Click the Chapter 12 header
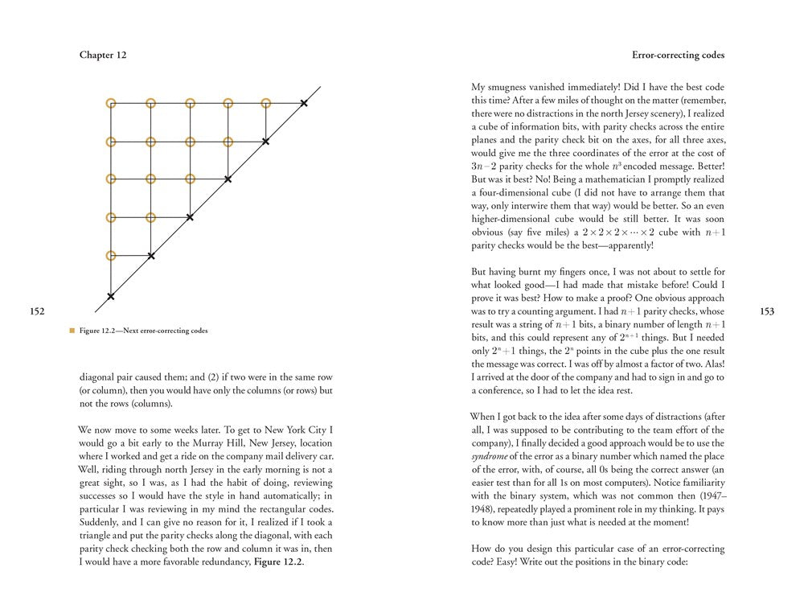[x=103, y=56]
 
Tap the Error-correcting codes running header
[x=679, y=56]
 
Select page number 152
[x=38, y=311]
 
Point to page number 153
[x=766, y=311]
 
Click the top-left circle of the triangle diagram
[x=111, y=103]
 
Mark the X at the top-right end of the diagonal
[x=303, y=103]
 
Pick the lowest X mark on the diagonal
[x=111, y=297]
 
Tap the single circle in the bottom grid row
[x=111, y=256]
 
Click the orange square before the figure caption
[x=72, y=330]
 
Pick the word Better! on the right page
[x=706, y=166]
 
